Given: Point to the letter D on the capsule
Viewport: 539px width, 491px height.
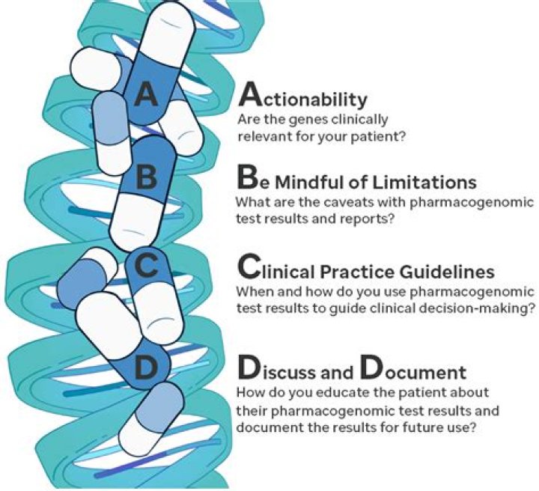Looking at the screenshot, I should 147,367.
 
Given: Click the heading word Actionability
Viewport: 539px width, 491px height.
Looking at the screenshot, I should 302,99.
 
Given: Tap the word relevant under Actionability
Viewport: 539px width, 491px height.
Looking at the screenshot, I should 261,136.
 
